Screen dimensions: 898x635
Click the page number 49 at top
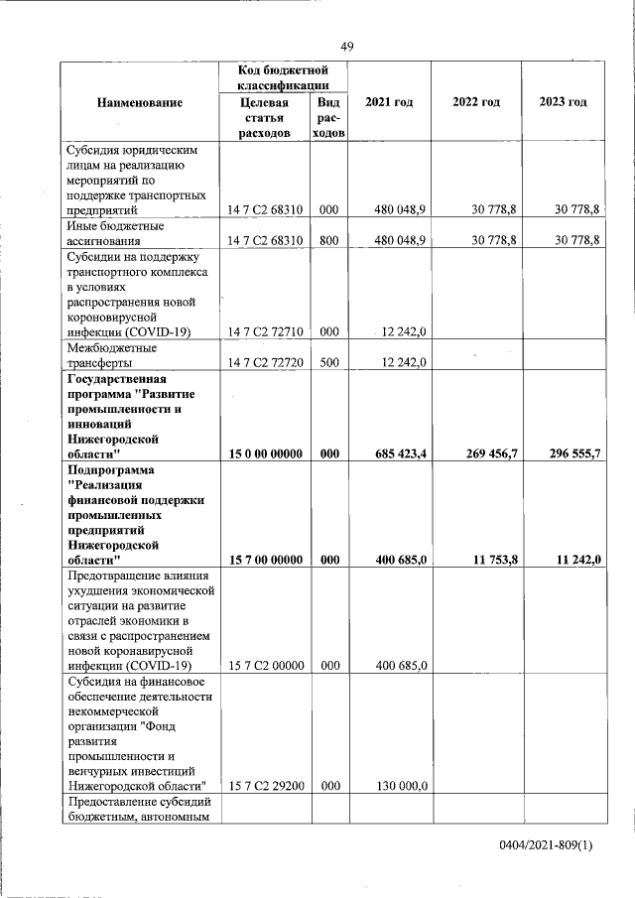347,47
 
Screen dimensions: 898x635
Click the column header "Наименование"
140,103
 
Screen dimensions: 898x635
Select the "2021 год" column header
389,102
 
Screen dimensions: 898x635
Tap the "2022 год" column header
475,102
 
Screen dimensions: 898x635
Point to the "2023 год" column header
563,102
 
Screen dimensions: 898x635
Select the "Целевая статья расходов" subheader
265,118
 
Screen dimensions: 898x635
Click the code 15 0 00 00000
265,453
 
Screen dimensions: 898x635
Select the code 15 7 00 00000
265,561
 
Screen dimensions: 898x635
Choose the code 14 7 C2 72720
265,363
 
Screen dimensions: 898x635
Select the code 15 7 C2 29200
265,787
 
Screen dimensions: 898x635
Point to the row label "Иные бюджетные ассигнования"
115,233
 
